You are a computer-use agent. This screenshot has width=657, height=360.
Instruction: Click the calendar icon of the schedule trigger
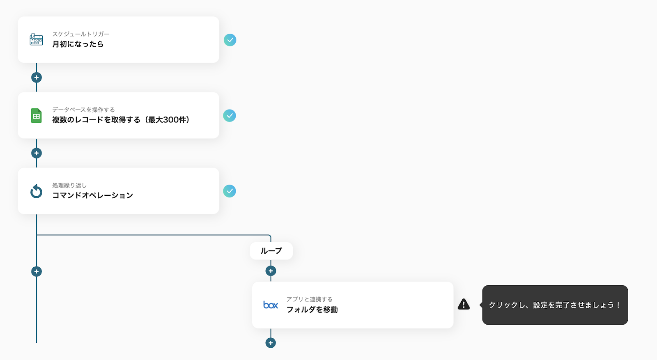pyautogui.click(x=36, y=40)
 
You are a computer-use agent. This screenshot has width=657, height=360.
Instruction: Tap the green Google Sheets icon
pyautogui.click(x=36, y=116)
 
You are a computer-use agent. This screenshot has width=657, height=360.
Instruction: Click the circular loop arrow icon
pyautogui.click(x=36, y=191)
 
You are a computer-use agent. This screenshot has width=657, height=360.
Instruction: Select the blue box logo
pyautogui.click(x=271, y=305)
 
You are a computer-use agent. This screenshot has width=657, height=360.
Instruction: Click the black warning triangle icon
pyautogui.click(x=464, y=305)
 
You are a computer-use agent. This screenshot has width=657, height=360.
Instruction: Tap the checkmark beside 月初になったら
pyautogui.click(x=230, y=40)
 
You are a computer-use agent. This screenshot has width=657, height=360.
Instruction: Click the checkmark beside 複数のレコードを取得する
pyautogui.click(x=230, y=116)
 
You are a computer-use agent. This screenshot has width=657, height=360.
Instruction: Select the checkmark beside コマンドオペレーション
pyautogui.click(x=230, y=191)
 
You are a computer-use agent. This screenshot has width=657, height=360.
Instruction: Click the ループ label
pyautogui.click(x=271, y=251)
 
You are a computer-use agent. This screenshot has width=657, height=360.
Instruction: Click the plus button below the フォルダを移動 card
pyautogui.click(x=271, y=343)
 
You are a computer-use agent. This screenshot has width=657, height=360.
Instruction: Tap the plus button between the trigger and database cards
pyautogui.click(x=37, y=78)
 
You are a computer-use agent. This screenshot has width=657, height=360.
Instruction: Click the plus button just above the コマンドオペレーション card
pyautogui.click(x=37, y=153)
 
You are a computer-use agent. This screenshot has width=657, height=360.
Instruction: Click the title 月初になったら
pyautogui.click(x=78, y=44)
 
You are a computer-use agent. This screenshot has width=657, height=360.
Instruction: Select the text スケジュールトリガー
pyautogui.click(x=81, y=34)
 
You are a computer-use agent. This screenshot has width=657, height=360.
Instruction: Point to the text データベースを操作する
pyautogui.click(x=83, y=110)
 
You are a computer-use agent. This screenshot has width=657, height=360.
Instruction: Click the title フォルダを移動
pyautogui.click(x=312, y=310)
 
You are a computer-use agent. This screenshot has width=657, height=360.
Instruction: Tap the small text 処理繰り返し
pyautogui.click(x=69, y=186)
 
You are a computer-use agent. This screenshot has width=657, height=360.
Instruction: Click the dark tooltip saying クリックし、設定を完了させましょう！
pyautogui.click(x=555, y=305)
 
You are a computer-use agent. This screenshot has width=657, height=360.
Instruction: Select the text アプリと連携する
pyautogui.click(x=310, y=299)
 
